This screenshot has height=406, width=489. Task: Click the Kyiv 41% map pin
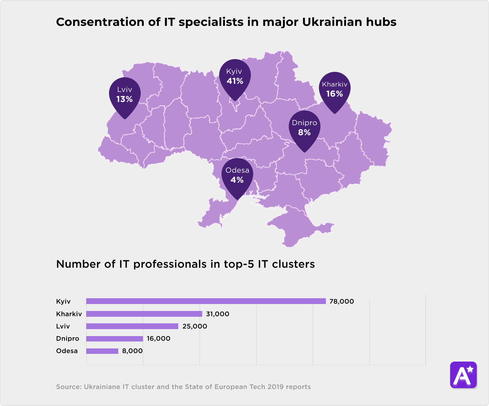click(235, 77)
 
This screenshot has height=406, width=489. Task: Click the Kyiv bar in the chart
click(206, 301)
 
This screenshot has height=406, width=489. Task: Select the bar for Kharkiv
click(144, 314)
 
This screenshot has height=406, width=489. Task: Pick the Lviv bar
click(132, 326)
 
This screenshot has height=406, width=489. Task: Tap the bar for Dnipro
click(114, 339)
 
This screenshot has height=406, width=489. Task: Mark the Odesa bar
click(102, 351)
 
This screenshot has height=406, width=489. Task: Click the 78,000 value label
click(341, 301)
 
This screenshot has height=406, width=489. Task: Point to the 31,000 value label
click(217, 314)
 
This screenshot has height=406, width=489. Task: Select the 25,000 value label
click(194, 326)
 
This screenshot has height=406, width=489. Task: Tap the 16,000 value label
click(158, 339)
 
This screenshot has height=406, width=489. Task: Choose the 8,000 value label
click(132, 351)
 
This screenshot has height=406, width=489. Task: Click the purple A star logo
click(463, 375)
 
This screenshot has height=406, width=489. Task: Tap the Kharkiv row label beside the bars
click(69, 314)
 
